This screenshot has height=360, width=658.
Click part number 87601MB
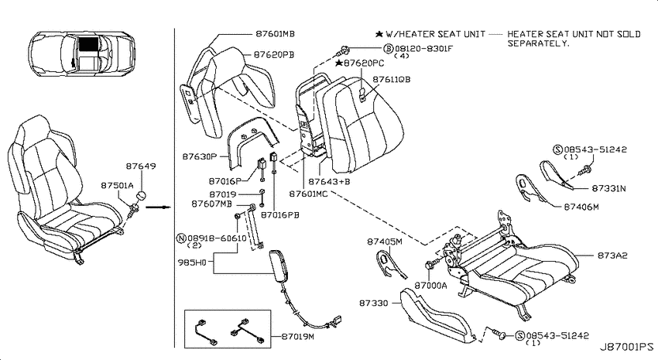point(275,33)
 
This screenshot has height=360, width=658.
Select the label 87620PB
point(273,54)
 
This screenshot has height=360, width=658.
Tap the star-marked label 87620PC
point(360,63)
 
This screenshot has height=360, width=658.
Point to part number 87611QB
point(392,79)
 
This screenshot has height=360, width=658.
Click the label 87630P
point(199,156)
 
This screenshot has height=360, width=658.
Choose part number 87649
point(141,166)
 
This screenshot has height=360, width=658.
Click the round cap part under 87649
point(142,197)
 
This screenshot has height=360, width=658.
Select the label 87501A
point(117,185)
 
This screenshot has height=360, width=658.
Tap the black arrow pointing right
point(161,207)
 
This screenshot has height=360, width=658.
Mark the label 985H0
point(192,263)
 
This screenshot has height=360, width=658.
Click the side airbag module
point(277,266)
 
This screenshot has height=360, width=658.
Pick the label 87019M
point(297,337)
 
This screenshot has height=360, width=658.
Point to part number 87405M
point(385,242)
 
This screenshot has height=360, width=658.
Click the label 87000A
point(431,286)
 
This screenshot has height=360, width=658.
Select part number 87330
point(373,303)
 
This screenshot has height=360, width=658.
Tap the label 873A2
point(612,255)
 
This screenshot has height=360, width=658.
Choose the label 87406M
point(581,207)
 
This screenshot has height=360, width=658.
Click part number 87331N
point(608,188)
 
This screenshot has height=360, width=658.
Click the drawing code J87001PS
point(626,347)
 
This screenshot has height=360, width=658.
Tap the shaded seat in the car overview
point(89,43)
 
